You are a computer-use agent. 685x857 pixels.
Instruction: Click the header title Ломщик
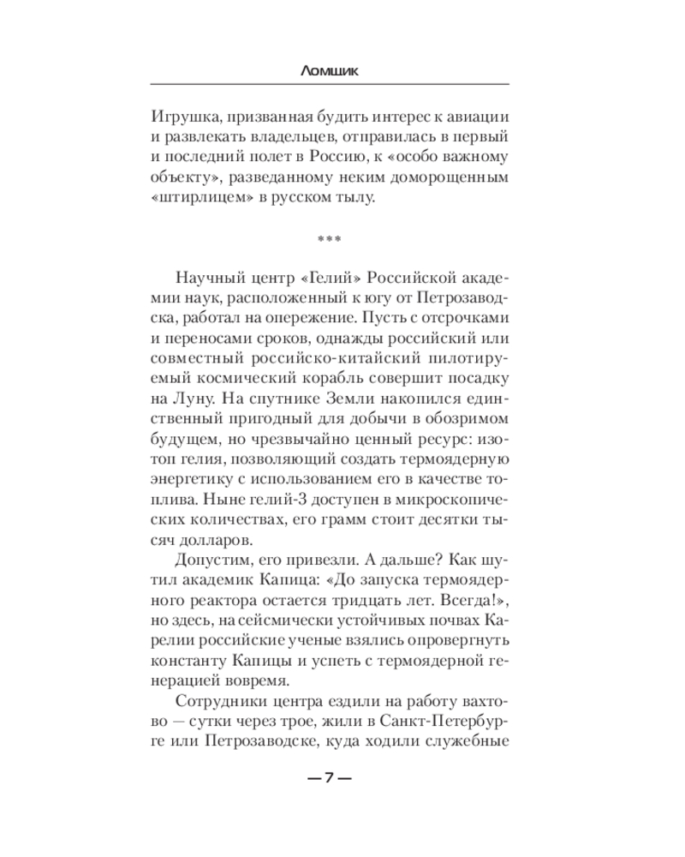click(x=330, y=72)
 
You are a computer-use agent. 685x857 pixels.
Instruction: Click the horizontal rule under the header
click(x=330, y=83)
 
